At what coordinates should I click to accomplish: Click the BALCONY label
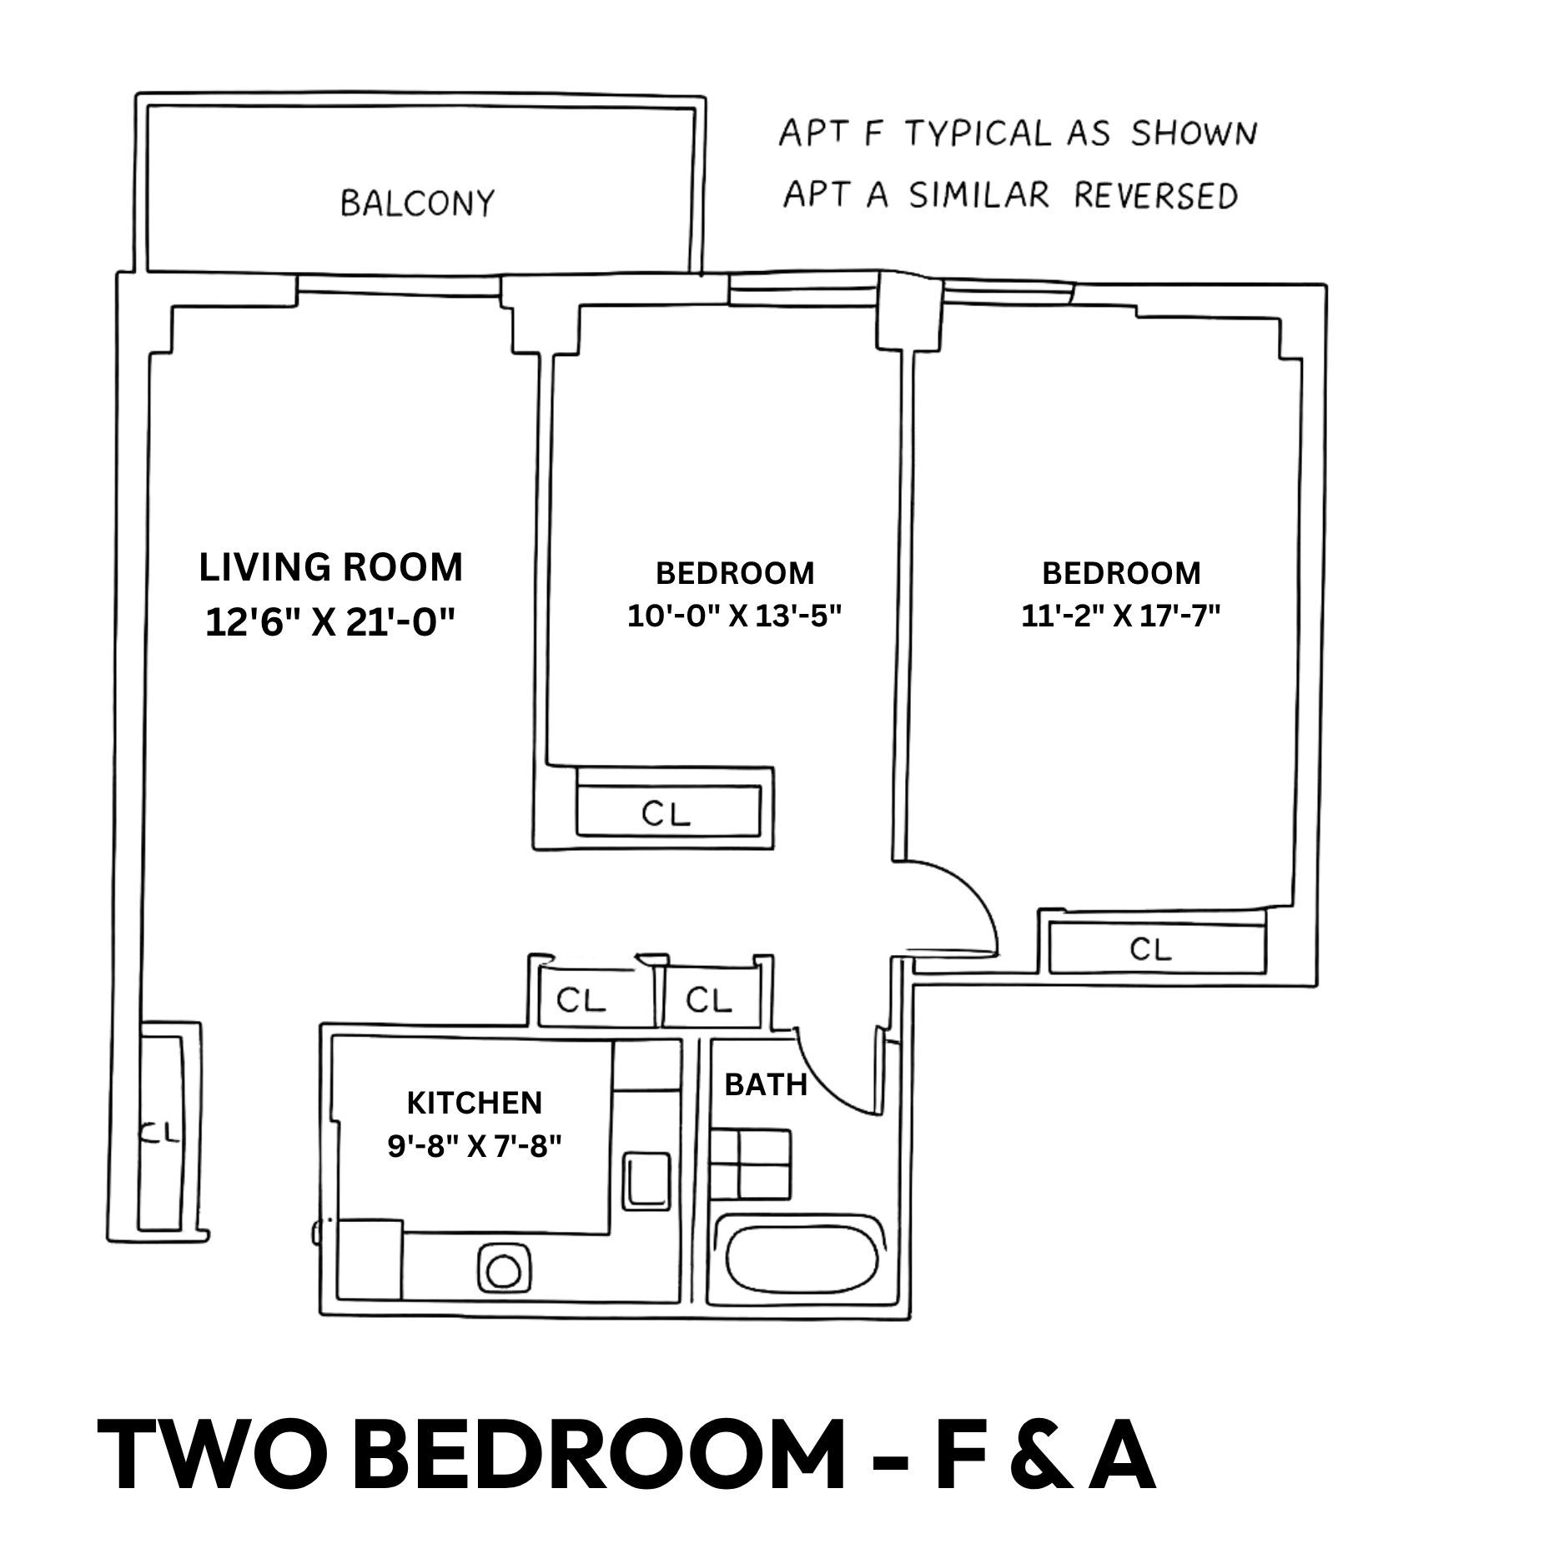coord(417,203)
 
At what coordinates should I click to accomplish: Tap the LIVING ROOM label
coord(331,568)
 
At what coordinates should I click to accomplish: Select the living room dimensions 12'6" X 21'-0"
coord(331,622)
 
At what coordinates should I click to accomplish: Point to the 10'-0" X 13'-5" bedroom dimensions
coord(735,616)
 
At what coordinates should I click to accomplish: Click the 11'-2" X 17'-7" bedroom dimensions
coord(1121,616)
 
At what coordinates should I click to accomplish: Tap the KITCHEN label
coord(475,1103)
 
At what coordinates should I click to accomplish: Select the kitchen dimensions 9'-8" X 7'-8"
coord(475,1146)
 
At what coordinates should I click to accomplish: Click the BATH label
coord(766,1084)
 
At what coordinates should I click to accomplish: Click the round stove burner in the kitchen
coord(503,1271)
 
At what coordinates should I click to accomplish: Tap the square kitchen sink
coord(647,1179)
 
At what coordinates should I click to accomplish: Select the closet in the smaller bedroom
coord(668,811)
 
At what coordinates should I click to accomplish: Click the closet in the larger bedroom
coord(1157,948)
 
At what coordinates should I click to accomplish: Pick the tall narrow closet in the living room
coord(160,1131)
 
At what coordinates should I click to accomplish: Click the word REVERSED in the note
coord(1154,194)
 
